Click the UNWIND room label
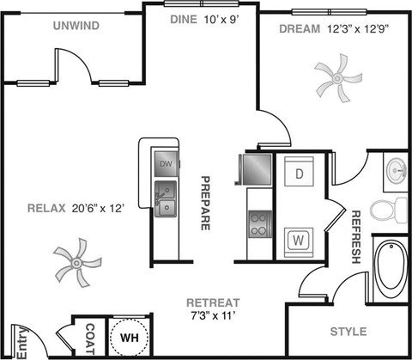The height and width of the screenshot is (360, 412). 76,26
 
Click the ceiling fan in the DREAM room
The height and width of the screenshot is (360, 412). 333,78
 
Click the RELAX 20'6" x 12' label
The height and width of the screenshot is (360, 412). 76,208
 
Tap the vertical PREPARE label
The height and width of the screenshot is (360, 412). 206,203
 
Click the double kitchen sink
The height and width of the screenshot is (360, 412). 166,197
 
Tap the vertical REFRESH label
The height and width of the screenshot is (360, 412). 355,235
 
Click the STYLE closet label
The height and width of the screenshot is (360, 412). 348,332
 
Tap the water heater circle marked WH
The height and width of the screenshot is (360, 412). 130,337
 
